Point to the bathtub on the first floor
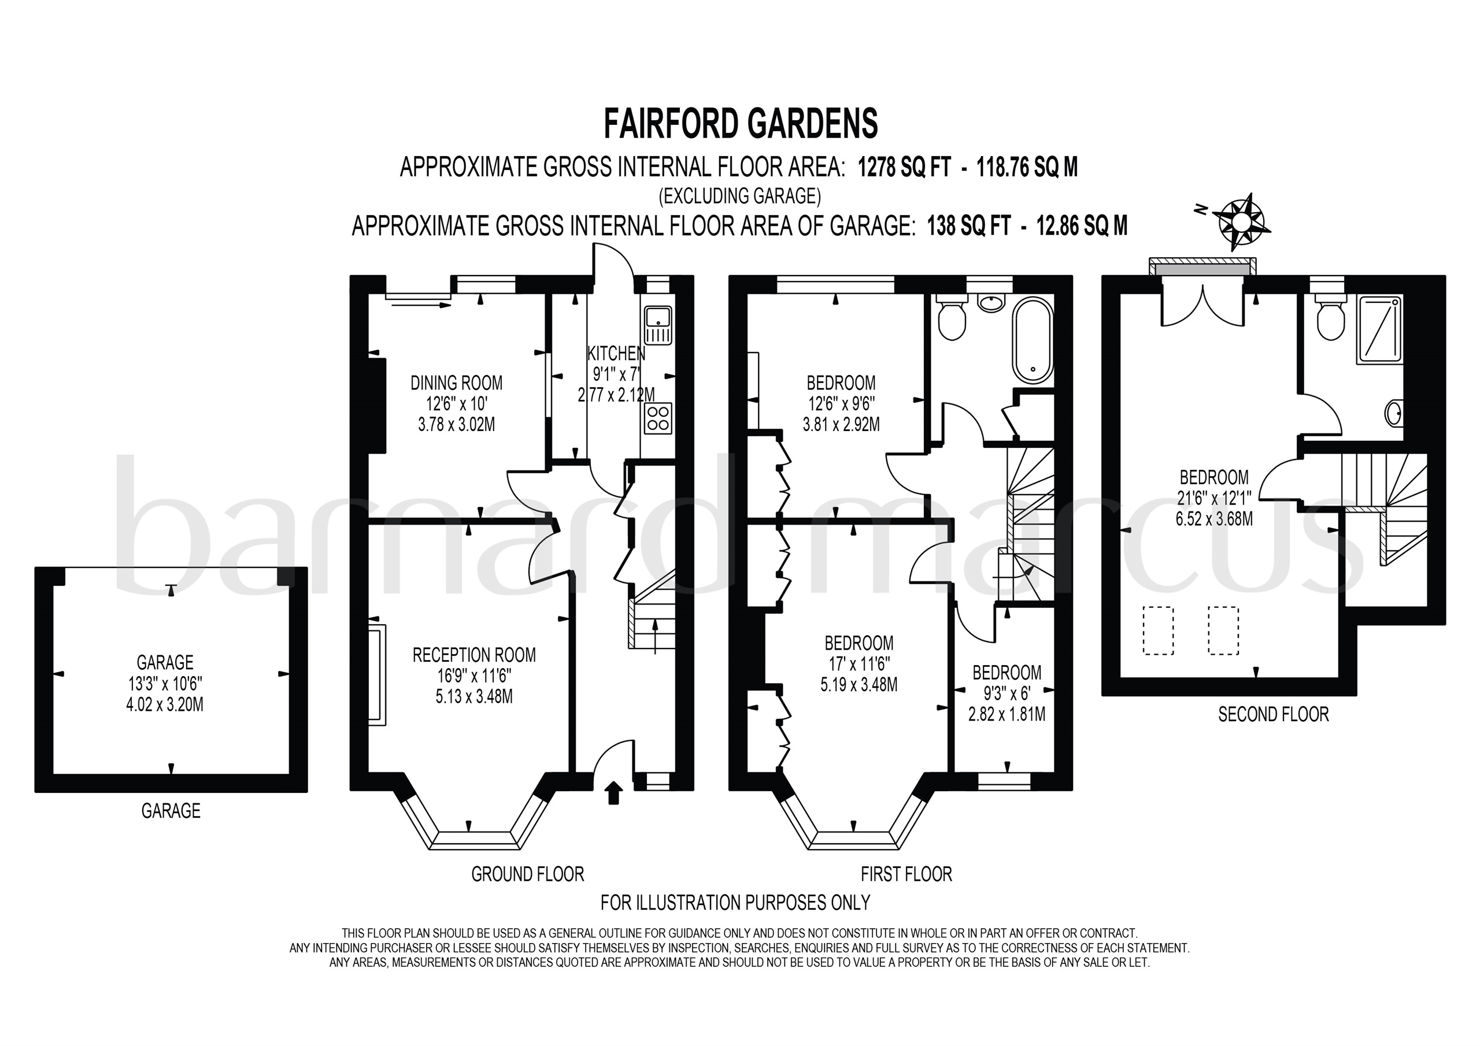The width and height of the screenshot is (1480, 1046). [1033, 341]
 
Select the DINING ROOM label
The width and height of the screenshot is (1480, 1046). [456, 383]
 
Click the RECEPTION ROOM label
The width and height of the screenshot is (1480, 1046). [475, 655]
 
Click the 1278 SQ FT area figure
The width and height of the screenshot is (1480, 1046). [904, 168]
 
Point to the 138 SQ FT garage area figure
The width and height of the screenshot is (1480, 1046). [968, 226]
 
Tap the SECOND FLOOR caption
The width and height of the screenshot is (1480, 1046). [1274, 714]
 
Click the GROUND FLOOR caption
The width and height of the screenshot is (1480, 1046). [528, 874]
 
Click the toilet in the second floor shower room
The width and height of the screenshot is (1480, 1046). [1328, 317]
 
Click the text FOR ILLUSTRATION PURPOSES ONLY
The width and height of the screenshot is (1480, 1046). [735, 902]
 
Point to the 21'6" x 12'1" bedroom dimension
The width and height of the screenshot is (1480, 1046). [1215, 498]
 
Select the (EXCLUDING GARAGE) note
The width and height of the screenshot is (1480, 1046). [739, 195]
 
